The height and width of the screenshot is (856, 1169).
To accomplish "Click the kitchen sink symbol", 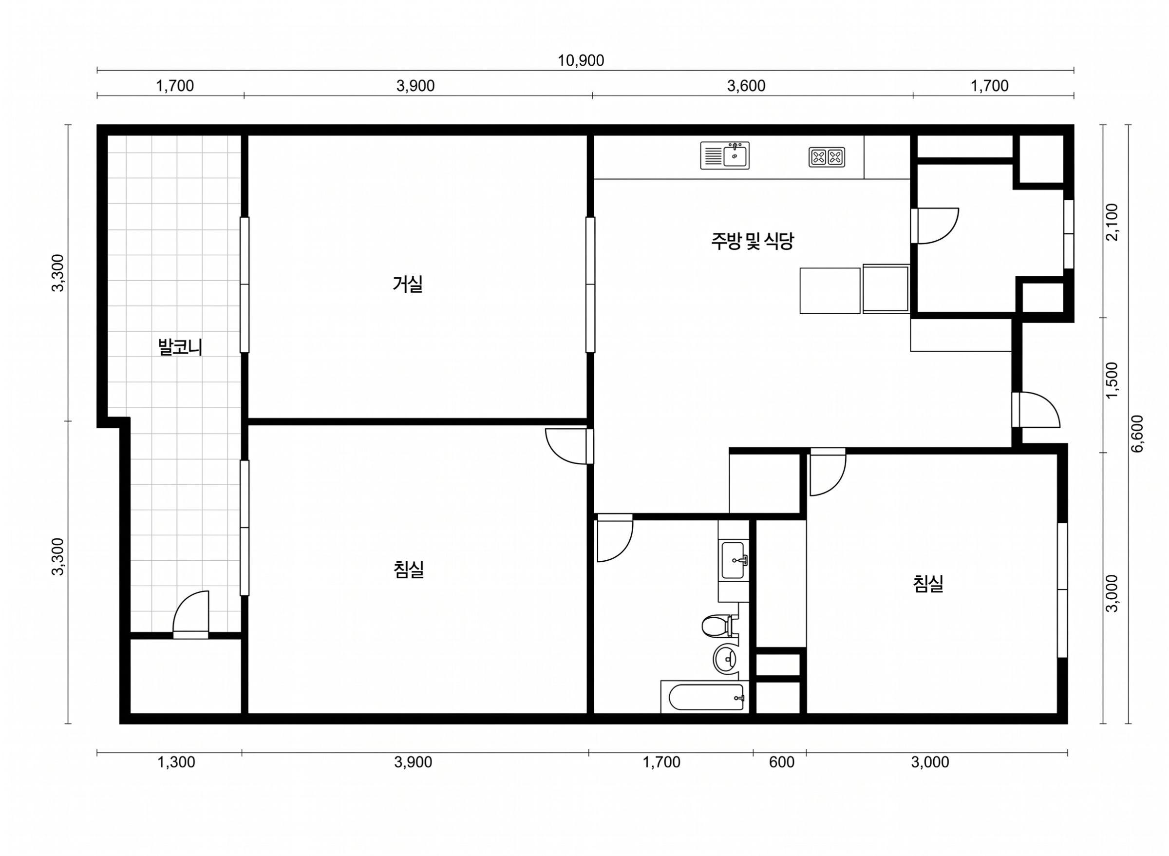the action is point(725,155).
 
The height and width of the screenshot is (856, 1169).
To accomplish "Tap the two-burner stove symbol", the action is point(827,157).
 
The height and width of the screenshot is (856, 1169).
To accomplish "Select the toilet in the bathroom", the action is point(720,626).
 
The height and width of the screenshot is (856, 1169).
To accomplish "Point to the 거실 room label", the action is point(408,284).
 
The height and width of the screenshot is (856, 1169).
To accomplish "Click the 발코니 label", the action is point(180,347).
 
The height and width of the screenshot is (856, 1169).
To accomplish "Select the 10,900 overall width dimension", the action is point(581,61).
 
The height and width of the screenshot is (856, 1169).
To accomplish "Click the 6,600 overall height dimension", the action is point(1137,434).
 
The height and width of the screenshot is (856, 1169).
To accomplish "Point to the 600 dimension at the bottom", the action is point(782,762).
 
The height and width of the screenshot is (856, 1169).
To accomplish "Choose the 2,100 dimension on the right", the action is point(1112,222).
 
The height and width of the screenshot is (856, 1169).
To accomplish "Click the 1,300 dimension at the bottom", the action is point(176,762).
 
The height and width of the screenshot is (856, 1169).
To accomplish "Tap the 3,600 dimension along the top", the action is point(746,86).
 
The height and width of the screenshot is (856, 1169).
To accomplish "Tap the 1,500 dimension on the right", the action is point(1112,381).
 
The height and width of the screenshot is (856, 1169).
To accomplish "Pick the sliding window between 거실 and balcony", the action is point(245,285).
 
